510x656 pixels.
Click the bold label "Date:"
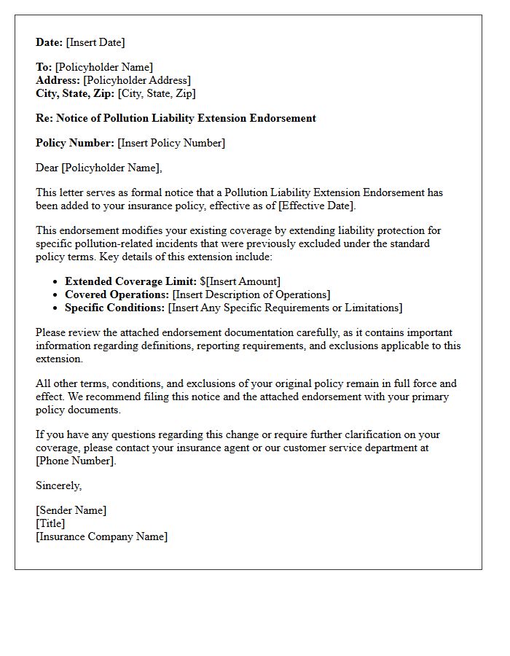coord(50,42)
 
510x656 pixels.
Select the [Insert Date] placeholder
coord(95,42)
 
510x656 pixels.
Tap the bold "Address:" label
coord(58,80)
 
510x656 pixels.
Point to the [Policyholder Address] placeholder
coord(137,80)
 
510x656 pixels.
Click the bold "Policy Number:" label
coord(75,143)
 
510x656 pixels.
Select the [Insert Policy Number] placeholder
coord(171,143)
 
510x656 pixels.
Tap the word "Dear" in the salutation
coord(47,168)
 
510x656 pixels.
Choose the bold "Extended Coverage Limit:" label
coord(130,281)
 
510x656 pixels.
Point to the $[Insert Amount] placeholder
coord(240,281)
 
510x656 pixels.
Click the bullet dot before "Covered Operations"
coord(56,295)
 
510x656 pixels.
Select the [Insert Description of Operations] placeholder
coord(251,294)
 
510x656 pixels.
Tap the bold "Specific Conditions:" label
coord(114,308)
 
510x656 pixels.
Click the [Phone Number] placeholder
coord(76,461)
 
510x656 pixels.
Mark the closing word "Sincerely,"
coord(59,485)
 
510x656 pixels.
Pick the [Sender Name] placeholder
coord(71,510)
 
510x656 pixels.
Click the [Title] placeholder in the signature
coord(50,523)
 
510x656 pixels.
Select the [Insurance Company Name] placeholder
coord(101,536)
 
